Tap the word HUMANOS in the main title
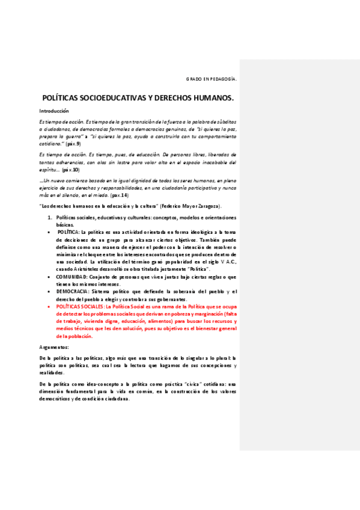pos(212,97)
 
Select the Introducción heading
pos(54,111)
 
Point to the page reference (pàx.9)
pos(73,144)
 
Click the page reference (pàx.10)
pos(71,170)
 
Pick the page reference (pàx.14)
pos(120,195)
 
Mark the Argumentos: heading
pos(54,348)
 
